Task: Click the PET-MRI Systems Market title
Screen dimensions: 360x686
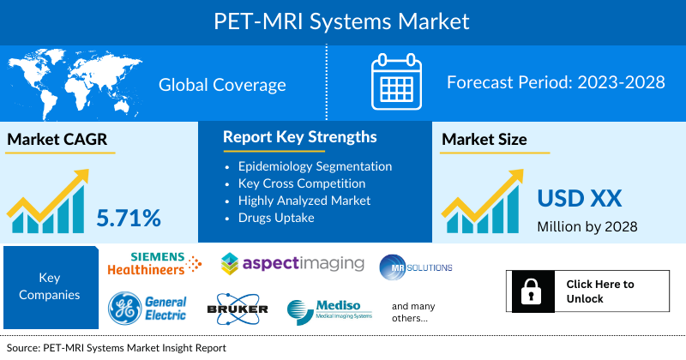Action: (343, 20)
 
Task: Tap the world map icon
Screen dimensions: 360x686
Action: (72, 83)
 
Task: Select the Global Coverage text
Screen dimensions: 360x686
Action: (222, 85)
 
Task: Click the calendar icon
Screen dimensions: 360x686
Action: (396, 84)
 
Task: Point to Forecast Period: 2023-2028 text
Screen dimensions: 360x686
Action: (556, 83)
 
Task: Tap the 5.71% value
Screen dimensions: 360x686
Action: (129, 218)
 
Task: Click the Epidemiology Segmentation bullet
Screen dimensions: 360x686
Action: (315, 165)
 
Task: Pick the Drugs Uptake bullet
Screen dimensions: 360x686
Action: (280, 217)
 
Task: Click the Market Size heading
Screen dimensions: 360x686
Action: (484, 139)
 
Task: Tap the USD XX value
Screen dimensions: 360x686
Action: (579, 198)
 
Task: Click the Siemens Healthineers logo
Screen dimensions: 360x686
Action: (154, 265)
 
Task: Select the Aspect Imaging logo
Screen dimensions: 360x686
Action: (292, 263)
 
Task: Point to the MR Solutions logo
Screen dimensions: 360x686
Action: (416, 267)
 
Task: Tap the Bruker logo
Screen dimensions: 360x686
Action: (238, 309)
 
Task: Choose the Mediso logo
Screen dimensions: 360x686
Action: (330, 310)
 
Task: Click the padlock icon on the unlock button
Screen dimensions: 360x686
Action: (530, 291)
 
